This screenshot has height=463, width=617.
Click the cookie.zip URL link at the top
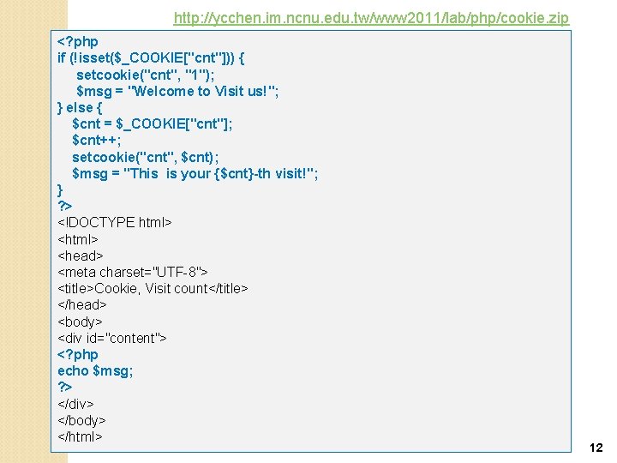click(x=370, y=18)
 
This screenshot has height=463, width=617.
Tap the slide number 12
click(x=596, y=448)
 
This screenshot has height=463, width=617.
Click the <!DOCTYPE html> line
click(x=115, y=223)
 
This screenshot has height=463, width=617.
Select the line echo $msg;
click(x=95, y=371)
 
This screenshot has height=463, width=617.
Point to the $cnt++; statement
click(x=97, y=141)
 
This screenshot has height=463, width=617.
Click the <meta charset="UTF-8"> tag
click(x=133, y=273)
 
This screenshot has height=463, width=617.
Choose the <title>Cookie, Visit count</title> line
click(x=153, y=289)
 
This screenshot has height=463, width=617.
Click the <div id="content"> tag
click(x=111, y=338)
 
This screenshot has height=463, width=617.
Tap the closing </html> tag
click(x=80, y=437)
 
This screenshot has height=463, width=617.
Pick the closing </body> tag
click(x=81, y=421)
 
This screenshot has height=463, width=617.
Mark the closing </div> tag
click(x=75, y=404)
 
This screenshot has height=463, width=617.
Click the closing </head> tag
click(x=82, y=305)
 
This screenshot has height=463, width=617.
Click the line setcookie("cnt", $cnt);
click(x=146, y=157)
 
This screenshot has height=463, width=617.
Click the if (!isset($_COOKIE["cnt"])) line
click(x=152, y=57)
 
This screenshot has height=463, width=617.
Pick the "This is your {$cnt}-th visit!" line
click(x=195, y=173)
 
